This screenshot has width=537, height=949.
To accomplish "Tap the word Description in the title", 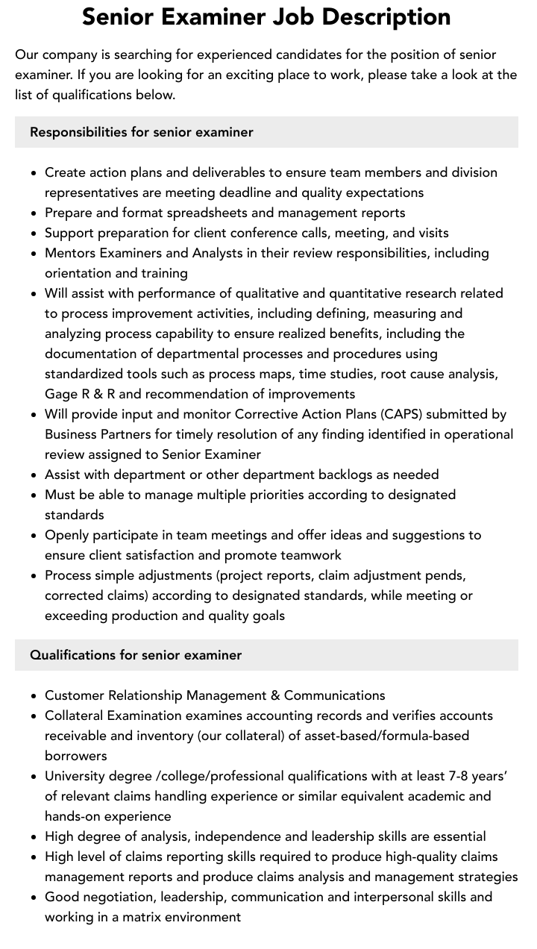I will (x=398, y=16).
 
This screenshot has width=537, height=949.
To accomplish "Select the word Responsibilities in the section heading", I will (x=78, y=132).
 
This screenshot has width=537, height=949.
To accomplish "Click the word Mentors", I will (x=71, y=253).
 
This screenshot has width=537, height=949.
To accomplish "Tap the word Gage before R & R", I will (x=61, y=394).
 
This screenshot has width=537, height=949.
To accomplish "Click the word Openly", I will (x=67, y=535).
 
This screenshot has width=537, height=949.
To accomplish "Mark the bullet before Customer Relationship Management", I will (x=34, y=696).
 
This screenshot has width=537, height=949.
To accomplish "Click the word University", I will (x=77, y=776).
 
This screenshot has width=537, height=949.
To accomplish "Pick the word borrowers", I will (x=76, y=756).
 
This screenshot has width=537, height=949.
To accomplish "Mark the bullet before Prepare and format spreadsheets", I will (x=34, y=213).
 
